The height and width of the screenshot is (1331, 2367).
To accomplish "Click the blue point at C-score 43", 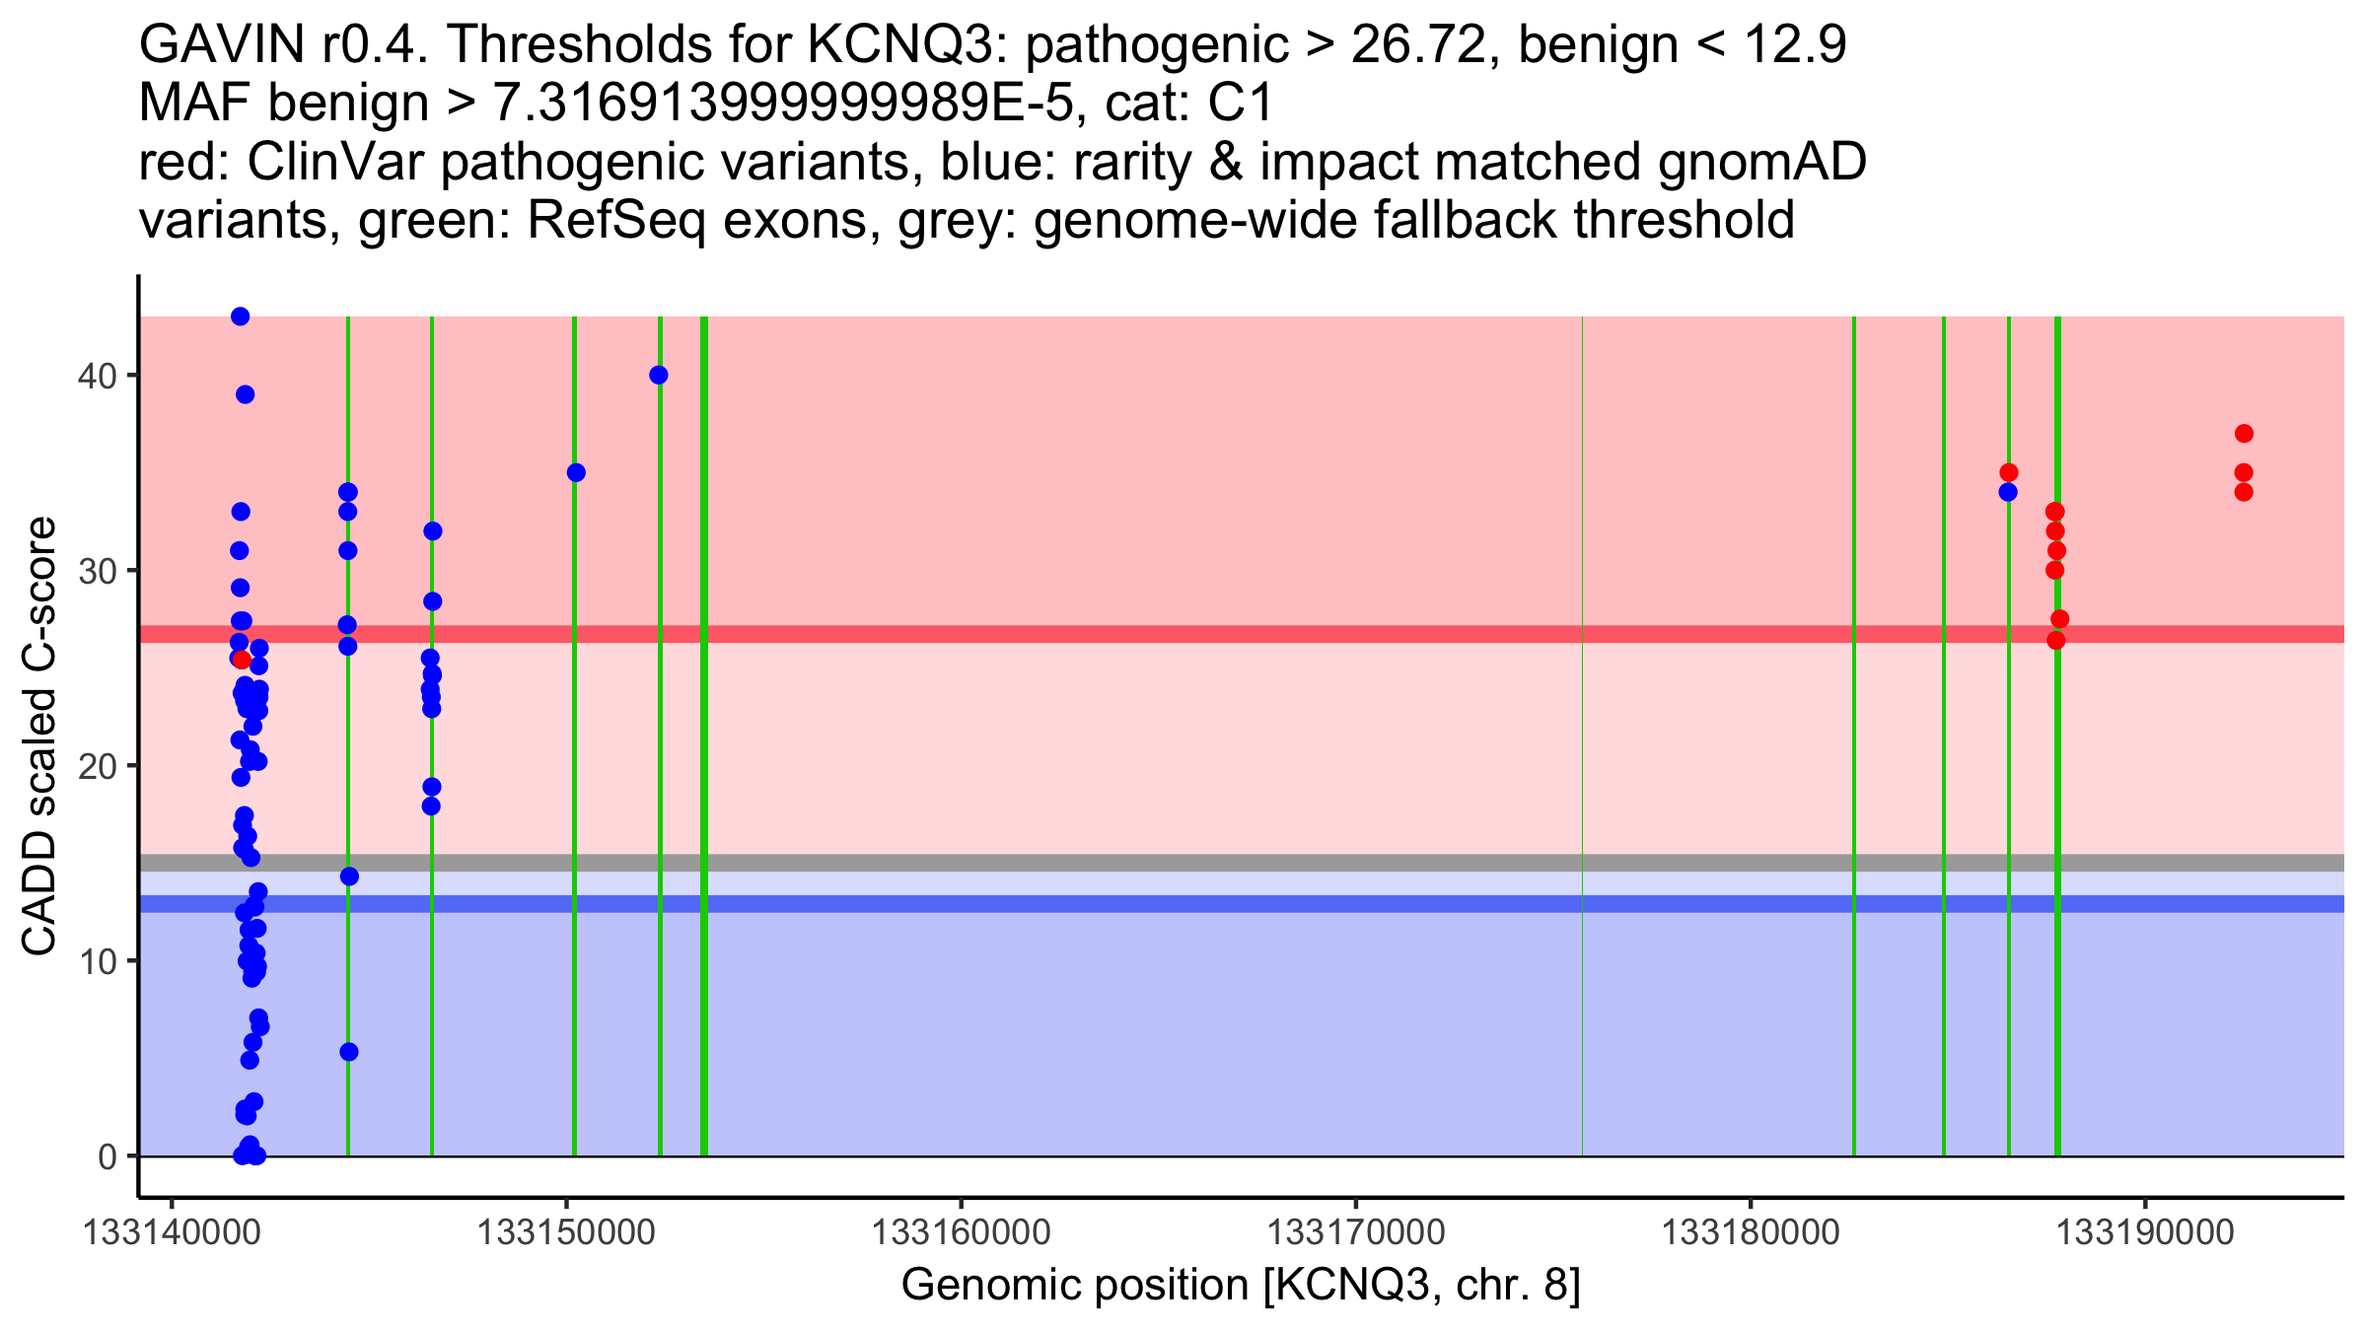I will pos(240,316).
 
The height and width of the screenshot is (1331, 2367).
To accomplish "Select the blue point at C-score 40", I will pos(659,375).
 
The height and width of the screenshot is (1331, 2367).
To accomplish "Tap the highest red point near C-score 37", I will pos(2244,434).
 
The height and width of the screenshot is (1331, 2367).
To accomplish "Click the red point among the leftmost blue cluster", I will pos(242,660).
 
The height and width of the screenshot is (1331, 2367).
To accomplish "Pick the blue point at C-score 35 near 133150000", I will pos(576,472).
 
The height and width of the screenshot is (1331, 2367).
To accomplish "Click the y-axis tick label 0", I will pos(107,1156).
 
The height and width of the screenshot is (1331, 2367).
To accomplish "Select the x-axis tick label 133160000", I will pos(961,1232).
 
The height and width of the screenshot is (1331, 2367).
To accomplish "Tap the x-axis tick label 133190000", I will pos(2144,1232).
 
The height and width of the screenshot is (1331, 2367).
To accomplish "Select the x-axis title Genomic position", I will pos(1241,1286).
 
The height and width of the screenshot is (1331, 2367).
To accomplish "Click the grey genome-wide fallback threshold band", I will pos(1183,863).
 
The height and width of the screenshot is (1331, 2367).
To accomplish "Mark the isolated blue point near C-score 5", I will pos(349,1052).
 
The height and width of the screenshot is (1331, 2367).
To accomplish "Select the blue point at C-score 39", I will pos(245,394).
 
